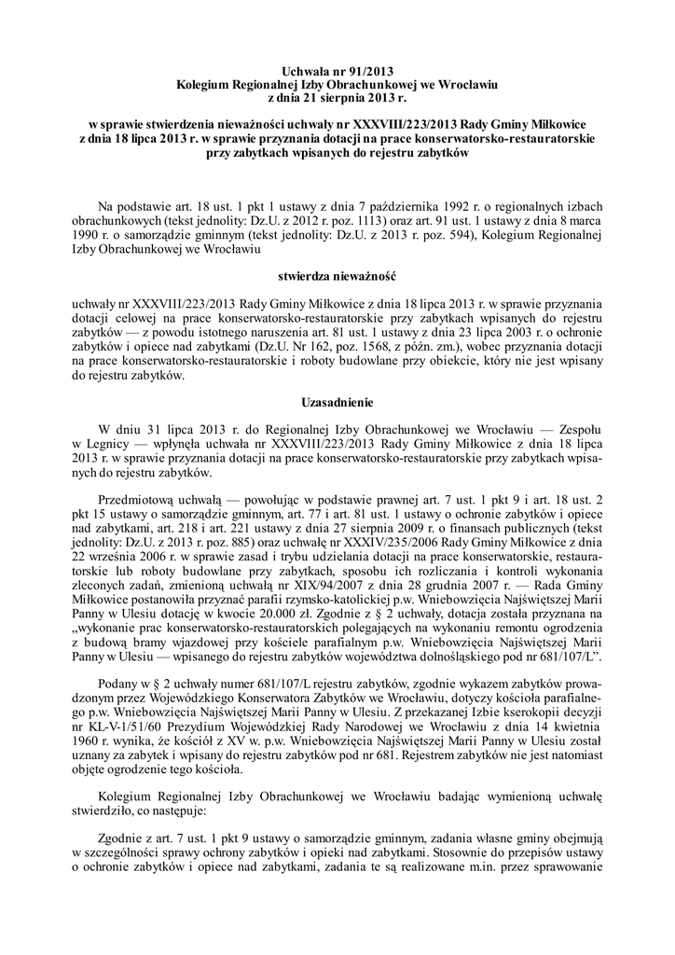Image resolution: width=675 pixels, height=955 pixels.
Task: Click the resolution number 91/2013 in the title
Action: [x=363, y=71]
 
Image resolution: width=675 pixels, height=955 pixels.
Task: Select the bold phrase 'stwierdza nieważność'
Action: [x=337, y=277]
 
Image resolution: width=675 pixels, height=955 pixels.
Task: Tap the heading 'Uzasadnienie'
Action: [x=337, y=403]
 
